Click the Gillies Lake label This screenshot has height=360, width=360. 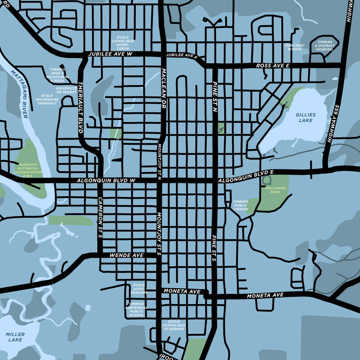tap(305, 118)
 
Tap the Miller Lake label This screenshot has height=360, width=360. tap(15, 337)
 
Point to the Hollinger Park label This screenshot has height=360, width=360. tap(275, 190)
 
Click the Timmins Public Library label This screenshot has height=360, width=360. tap(240, 205)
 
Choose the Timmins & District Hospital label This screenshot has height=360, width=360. tap(325, 46)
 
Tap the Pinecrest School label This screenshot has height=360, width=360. tap(295, 47)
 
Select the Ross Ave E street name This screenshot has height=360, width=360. tap(272, 65)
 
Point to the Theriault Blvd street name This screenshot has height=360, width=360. tap(80, 107)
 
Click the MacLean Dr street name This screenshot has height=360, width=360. tap(164, 85)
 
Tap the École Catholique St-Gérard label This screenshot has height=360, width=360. tap(174, 325)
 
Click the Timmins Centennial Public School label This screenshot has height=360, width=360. tap(136, 309)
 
